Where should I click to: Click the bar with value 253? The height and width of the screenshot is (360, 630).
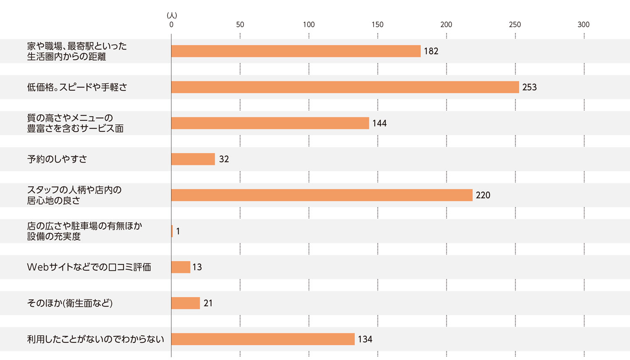[345, 87]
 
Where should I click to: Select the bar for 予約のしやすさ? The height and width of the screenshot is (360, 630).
[193, 159]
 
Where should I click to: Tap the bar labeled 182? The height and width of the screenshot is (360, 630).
[296, 51]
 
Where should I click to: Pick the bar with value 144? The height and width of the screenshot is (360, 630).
[270, 123]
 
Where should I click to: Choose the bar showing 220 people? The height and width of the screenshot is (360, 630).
[322, 195]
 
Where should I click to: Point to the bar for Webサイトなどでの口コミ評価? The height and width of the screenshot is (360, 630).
[181, 267]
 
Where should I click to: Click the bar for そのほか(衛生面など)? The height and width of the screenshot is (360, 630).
[186, 303]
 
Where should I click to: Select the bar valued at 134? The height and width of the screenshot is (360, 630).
[263, 339]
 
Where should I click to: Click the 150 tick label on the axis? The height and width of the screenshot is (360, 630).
[377, 25]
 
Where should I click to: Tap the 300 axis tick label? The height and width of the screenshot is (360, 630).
[583, 25]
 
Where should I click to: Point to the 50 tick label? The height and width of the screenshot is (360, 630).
[240, 25]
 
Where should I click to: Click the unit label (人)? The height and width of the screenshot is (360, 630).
[172, 16]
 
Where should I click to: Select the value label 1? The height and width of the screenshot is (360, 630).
[178, 231]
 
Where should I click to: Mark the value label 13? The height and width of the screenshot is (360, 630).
[197, 267]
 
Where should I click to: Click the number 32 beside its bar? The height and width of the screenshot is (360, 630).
[224, 159]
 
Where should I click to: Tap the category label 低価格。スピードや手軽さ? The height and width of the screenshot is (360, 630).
[77, 87]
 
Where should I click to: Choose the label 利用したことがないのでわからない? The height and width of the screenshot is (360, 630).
[95, 339]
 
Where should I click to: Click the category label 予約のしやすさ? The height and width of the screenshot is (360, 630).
[57, 159]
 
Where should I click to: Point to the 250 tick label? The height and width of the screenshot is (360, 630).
[514, 25]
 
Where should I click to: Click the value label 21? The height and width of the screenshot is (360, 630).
[208, 303]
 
